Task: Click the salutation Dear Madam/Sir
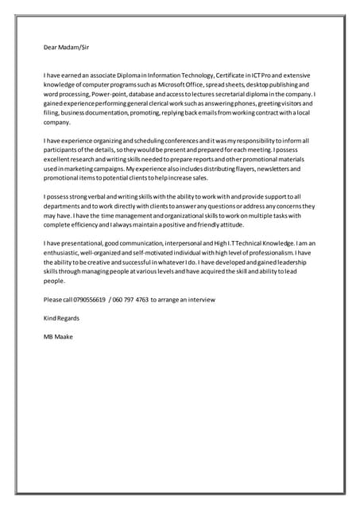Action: (x=66, y=47)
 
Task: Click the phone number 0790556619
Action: (x=88, y=299)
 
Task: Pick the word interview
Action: (x=200, y=299)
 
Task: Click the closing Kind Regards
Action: (x=61, y=318)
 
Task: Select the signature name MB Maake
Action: (x=58, y=336)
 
